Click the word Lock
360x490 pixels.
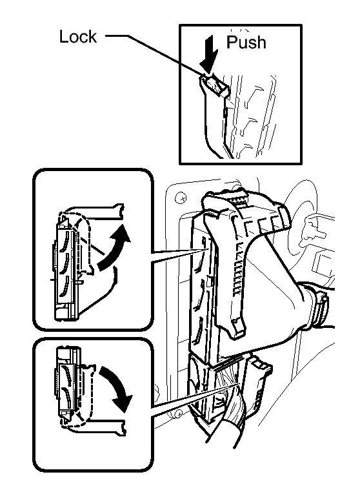coord(78,37)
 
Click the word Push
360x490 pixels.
coord(246,42)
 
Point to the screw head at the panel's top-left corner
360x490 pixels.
coord(181,198)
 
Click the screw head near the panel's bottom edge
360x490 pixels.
coord(178,414)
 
